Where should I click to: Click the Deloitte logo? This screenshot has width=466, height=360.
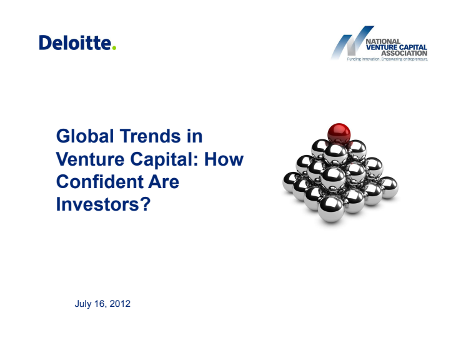click(77, 42)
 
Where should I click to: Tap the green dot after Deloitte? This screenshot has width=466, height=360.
click(114, 47)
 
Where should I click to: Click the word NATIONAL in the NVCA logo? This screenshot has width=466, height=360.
click(383, 41)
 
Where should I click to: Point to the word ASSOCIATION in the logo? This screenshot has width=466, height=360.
click(404, 53)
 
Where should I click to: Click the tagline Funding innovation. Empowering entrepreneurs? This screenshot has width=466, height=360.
click(387, 59)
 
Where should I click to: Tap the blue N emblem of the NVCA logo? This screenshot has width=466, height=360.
click(352, 42)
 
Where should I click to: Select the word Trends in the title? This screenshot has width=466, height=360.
click(150, 136)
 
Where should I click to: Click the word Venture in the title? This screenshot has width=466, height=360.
click(90, 159)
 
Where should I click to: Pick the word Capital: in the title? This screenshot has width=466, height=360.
click(164, 160)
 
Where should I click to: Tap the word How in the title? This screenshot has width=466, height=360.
click(224, 159)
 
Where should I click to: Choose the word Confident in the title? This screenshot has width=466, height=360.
click(99, 182)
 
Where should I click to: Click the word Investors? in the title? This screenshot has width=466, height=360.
click(104, 204)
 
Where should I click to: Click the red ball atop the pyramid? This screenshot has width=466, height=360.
click(339, 134)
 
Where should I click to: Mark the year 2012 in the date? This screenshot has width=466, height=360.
click(120, 304)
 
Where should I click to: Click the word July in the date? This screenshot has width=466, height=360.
click(83, 304)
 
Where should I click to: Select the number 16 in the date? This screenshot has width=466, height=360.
click(100, 304)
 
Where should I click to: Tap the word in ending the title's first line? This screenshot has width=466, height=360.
click(195, 136)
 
